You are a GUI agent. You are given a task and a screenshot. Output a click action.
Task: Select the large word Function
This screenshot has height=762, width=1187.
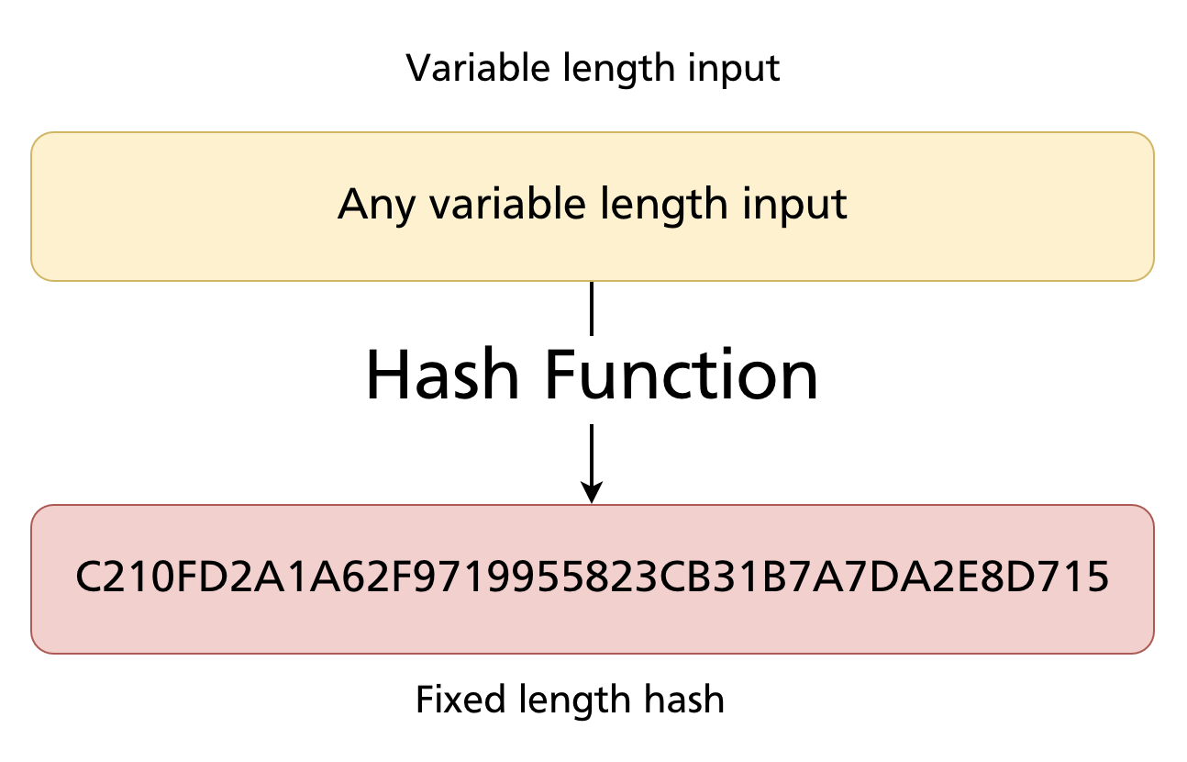[x=683, y=376]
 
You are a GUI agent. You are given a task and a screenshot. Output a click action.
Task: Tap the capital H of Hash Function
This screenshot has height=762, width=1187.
[x=387, y=376]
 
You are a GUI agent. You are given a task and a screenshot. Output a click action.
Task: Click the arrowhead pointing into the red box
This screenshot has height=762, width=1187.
[x=592, y=493]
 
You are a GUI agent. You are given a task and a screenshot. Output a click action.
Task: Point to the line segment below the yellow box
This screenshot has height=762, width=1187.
[x=592, y=308]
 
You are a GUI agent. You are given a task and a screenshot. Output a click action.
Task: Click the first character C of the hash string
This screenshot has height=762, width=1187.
[x=88, y=578]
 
